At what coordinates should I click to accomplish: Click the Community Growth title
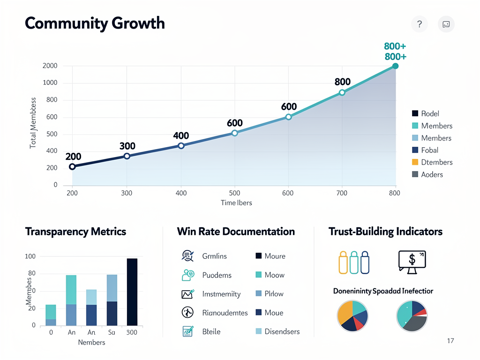[94, 23]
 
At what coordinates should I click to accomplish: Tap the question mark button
[420, 24]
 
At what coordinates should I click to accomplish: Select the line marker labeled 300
[127, 156]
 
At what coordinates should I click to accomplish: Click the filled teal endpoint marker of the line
[395, 66]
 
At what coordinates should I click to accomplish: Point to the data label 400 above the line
[181, 136]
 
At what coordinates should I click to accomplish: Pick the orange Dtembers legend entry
[432, 162]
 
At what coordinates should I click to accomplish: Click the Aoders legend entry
[427, 174]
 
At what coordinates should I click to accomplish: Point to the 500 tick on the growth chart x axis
[234, 193]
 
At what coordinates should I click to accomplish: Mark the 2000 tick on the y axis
[50, 66]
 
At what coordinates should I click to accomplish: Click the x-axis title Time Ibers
[236, 203]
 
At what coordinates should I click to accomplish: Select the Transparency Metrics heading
[75, 232]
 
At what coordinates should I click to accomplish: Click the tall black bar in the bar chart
[132, 292]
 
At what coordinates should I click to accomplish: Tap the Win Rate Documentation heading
[236, 232]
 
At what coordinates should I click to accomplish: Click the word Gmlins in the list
[214, 256]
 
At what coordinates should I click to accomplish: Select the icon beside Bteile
[187, 331]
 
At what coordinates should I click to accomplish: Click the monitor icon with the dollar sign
[411, 261]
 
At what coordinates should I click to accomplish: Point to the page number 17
[450, 341]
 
